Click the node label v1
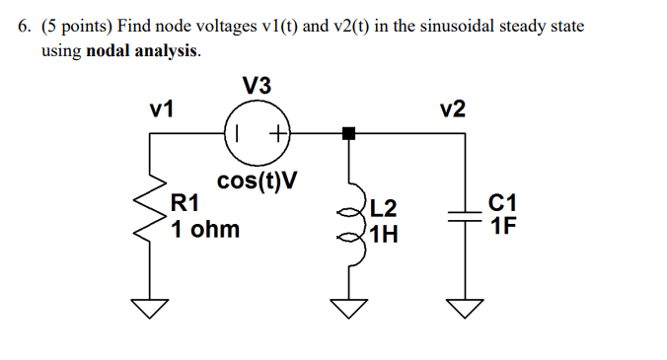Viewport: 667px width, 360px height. click(163, 109)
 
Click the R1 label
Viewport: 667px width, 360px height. click(186, 204)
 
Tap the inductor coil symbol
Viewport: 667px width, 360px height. click(348, 222)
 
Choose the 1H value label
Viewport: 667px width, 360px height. click(384, 235)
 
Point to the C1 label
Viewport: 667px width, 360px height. click(502, 204)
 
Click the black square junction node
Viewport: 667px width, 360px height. click(348, 133)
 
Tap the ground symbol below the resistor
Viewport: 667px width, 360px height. click(151, 309)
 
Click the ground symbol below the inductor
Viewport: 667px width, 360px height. click(348, 309)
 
